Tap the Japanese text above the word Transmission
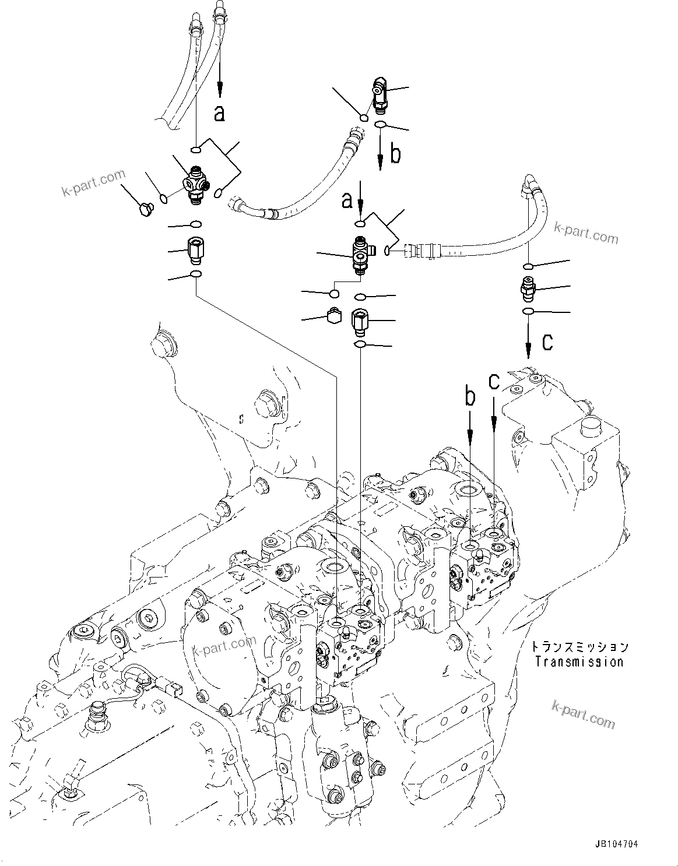[579, 647]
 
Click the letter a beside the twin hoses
[219, 113]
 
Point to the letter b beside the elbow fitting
[395, 155]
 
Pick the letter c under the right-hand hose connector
[547, 343]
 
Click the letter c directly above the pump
[494, 382]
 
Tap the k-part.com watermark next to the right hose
[585, 233]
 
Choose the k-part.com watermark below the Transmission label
[582, 714]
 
